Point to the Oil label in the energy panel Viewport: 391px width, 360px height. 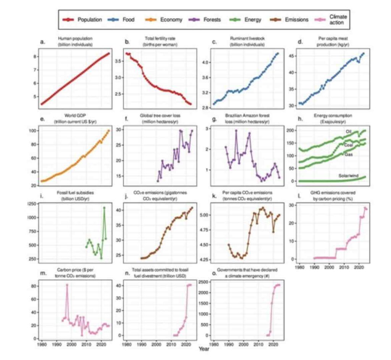tap(348, 132)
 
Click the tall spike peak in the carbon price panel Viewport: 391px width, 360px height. tap(67, 284)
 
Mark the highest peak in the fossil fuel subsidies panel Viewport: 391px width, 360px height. tap(104, 207)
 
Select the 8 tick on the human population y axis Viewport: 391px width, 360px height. tap(35, 56)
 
